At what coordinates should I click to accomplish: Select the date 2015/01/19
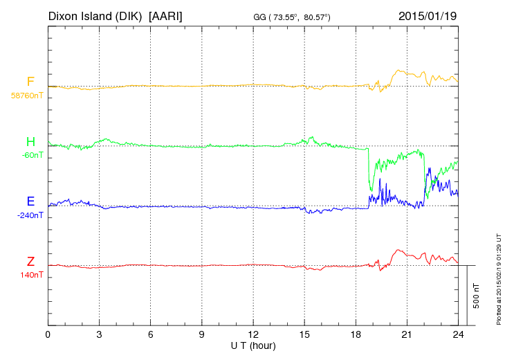click(428, 15)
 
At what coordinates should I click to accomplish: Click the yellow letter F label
click(30, 82)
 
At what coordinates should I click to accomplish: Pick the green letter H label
click(30, 142)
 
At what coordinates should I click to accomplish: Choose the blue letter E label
click(30, 201)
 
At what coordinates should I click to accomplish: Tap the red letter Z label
click(30, 261)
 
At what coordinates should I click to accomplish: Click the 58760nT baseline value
click(26, 96)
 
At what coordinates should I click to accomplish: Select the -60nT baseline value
click(32, 155)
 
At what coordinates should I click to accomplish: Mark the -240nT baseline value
click(30, 215)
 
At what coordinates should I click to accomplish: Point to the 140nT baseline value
click(32, 275)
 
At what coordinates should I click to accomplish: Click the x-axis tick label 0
click(48, 334)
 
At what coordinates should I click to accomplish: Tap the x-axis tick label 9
click(201, 334)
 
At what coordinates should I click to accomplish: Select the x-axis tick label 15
click(304, 334)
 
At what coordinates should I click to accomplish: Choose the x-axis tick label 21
click(407, 334)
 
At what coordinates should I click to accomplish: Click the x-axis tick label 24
click(458, 334)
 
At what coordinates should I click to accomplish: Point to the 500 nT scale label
click(477, 296)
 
